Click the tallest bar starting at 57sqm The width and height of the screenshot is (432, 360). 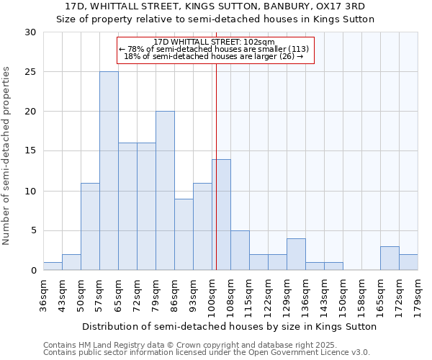109,171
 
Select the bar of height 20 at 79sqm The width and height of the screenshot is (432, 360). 165,191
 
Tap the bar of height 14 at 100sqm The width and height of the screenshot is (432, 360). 221,215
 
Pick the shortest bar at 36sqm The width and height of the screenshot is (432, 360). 53,266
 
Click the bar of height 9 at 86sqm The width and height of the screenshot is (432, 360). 184,234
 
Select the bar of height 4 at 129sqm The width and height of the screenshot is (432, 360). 296,254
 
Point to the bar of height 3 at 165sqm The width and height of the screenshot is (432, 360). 390,258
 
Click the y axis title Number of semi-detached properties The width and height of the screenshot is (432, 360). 7,156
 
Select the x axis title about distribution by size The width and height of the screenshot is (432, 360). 229,326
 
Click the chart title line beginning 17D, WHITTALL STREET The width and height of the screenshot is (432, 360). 215,6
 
